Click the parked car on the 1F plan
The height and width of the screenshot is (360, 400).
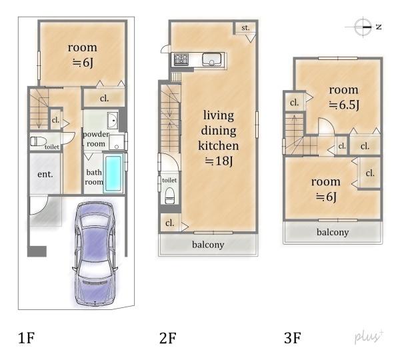click(95, 254)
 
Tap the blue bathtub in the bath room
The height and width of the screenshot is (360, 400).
click(113, 173)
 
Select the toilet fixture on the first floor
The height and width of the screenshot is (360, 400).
click(38, 141)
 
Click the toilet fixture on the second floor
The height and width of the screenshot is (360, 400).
click(169, 196)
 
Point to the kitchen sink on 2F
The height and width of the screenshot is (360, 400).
click(211, 59)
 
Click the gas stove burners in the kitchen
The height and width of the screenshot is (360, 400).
click(181, 59)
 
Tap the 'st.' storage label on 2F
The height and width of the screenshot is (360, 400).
click(245, 27)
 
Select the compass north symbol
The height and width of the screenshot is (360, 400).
click(363, 27)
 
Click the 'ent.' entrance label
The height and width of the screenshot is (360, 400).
click(45, 174)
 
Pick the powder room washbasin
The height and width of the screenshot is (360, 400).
click(113, 120)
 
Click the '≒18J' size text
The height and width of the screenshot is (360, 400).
click(219, 161)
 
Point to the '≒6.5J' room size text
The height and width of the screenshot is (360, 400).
click(344, 105)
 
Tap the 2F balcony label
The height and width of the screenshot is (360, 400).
click(208, 245)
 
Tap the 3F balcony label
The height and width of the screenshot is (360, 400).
click(333, 232)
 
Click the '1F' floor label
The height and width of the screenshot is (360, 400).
click(27, 338)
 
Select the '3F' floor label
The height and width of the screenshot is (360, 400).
click(293, 338)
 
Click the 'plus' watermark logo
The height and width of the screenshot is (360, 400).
click(369, 337)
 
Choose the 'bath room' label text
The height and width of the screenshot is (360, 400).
click(94, 177)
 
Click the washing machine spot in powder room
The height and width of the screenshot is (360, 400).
click(117, 143)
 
